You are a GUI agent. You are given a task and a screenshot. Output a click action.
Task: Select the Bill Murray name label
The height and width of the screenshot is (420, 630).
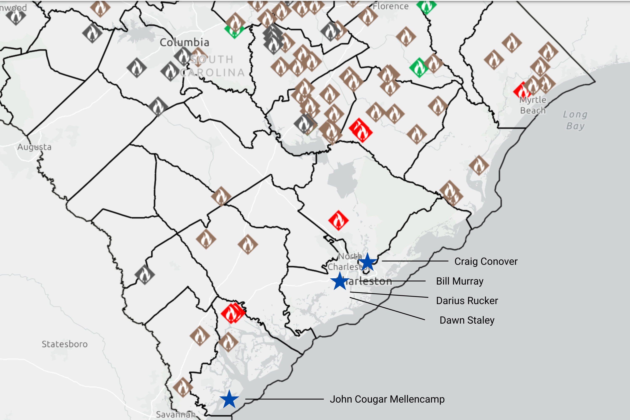[460, 281]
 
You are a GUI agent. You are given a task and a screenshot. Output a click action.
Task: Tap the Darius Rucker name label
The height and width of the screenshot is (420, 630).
[467, 301]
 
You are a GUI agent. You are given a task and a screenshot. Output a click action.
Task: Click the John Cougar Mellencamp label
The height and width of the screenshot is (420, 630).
[387, 399]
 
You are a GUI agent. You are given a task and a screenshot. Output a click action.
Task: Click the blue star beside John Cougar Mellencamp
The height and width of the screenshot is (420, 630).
[229, 399]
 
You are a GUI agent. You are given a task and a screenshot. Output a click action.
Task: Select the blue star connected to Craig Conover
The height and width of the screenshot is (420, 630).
[367, 262]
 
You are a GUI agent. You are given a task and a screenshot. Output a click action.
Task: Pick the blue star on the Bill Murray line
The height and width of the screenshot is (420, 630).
[340, 281]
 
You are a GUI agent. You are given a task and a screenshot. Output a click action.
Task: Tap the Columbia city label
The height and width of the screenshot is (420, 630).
[184, 42]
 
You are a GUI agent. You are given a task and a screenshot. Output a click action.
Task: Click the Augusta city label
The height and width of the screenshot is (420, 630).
[34, 147]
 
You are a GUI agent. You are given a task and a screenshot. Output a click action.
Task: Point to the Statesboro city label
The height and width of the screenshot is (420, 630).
[64, 344]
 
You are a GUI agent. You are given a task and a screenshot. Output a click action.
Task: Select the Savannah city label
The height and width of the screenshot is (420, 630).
[175, 414]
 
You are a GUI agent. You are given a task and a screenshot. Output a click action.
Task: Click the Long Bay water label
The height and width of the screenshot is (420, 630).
[575, 120]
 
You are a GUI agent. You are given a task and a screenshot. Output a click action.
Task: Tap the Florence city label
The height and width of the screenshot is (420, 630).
[391, 6]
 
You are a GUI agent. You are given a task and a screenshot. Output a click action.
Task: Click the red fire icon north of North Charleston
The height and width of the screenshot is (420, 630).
[338, 220]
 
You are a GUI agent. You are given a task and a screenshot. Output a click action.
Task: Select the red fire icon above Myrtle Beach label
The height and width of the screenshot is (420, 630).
[521, 91]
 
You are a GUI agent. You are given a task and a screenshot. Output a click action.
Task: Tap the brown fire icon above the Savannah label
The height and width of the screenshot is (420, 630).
[183, 387]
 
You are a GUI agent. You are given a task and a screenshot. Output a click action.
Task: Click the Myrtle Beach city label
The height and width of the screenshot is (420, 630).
[533, 105]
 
